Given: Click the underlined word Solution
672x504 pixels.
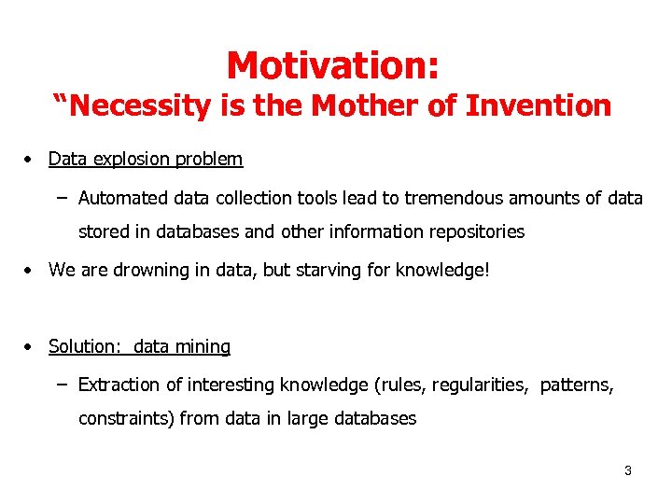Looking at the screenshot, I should tap(84, 346).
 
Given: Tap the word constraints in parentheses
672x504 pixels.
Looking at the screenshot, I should tap(126, 418).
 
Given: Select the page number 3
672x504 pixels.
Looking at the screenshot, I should tap(628, 470).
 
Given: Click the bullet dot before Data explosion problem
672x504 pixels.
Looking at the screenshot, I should tap(31, 160).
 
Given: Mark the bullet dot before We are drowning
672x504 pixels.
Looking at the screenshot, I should tap(31, 270).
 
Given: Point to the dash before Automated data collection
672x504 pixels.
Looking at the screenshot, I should tap(62, 198).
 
